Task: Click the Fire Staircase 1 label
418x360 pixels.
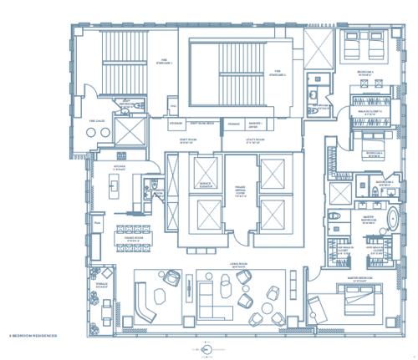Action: coord(165,61)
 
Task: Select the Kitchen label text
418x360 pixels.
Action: coord(119,167)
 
